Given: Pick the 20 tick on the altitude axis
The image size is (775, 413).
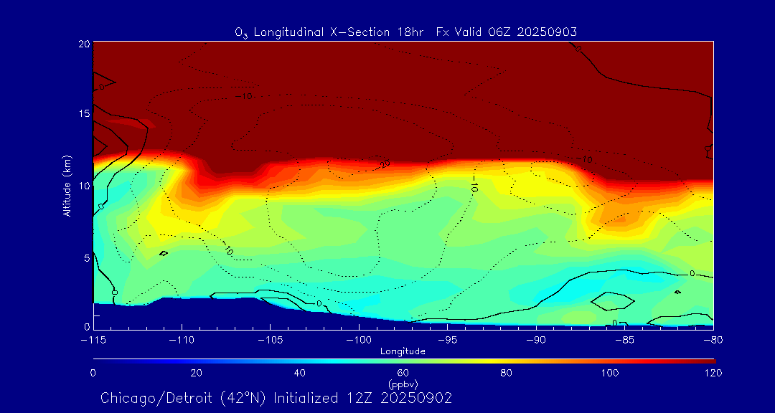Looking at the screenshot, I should pos(83,44).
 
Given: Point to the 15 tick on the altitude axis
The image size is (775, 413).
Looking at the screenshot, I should pos(83,114).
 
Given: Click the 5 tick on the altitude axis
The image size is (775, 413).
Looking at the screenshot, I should pos(85,257).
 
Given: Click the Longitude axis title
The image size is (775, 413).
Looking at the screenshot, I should pos(403,351).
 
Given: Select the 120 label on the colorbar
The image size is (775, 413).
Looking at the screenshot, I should pos(713,373).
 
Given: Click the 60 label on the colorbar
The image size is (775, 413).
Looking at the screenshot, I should pos(403,373).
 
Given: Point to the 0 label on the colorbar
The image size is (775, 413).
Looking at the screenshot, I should pos(93,373).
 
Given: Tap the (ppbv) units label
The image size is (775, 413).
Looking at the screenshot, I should pos(403,384).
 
